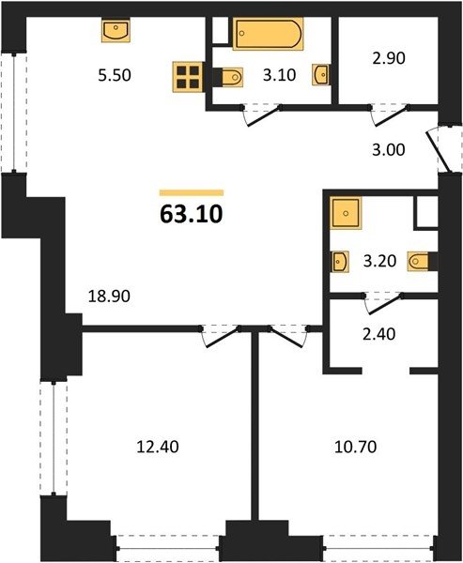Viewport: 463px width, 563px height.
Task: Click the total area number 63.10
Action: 192,214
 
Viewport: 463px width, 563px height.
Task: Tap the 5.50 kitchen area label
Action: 115,75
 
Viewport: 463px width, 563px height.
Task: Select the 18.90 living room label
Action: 109,297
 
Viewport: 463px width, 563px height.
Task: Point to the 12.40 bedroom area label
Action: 158,447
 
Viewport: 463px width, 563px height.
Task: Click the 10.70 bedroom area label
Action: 356,447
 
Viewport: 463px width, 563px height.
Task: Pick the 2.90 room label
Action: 389,58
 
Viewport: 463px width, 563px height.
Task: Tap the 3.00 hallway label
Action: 389,150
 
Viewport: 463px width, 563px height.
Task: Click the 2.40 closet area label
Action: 379,334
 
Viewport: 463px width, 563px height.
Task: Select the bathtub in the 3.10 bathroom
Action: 269,34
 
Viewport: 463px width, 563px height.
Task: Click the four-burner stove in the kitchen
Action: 188,77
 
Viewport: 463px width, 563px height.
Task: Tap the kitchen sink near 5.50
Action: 116,31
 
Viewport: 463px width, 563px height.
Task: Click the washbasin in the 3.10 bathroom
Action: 320,75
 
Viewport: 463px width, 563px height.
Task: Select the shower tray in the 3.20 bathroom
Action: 346,213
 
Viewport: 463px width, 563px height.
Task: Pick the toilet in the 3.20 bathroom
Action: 421,261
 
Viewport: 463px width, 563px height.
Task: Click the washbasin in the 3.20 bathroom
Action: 340,262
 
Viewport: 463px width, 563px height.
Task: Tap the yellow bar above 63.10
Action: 192,192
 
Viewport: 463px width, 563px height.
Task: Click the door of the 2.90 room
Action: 392,115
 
